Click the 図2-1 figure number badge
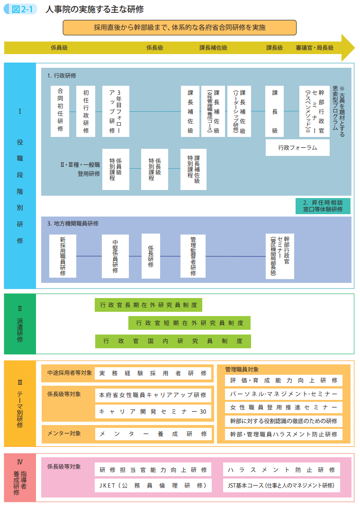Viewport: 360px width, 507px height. click(x=21, y=9)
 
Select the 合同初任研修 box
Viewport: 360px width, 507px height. click(x=60, y=111)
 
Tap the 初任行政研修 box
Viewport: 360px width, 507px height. click(x=86, y=111)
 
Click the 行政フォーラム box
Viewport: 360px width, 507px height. click(x=297, y=147)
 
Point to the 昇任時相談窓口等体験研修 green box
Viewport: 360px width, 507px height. click(x=323, y=206)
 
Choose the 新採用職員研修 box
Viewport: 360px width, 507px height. click(x=63, y=256)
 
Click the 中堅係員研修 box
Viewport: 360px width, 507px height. click(x=115, y=256)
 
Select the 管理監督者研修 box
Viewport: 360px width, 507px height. click(x=193, y=256)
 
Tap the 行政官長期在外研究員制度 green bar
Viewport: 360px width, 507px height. click(x=148, y=305)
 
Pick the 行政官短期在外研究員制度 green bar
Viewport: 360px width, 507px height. click(x=189, y=323)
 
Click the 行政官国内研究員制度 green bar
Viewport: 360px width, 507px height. click(x=173, y=341)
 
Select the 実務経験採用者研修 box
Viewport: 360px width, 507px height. click(x=153, y=373)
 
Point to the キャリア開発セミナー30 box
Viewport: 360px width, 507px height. click(x=153, y=412)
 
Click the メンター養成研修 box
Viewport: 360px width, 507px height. click(x=153, y=434)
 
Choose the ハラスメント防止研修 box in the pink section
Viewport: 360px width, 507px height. click(x=281, y=470)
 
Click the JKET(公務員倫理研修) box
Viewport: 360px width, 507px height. click(x=153, y=485)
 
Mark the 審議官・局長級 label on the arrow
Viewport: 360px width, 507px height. click(x=315, y=47)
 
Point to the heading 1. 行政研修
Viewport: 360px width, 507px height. click(x=62, y=75)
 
